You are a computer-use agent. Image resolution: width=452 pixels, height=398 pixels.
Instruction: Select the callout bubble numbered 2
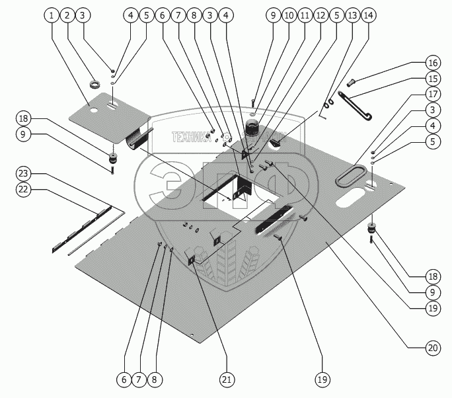click(x=67, y=15)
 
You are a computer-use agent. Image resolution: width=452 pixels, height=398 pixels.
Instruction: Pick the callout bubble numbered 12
click(x=321, y=15)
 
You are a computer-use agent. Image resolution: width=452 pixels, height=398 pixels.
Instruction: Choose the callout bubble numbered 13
click(x=352, y=15)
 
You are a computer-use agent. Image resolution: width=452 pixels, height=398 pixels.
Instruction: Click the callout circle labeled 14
click(x=368, y=15)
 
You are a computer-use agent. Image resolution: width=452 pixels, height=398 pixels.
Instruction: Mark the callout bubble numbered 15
click(x=432, y=79)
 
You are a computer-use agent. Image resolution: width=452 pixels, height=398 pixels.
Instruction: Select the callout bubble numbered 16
click(x=432, y=63)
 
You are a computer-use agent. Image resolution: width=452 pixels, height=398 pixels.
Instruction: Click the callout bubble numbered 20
click(x=432, y=346)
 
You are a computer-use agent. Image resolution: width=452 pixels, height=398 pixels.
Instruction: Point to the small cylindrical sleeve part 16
click(x=353, y=82)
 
